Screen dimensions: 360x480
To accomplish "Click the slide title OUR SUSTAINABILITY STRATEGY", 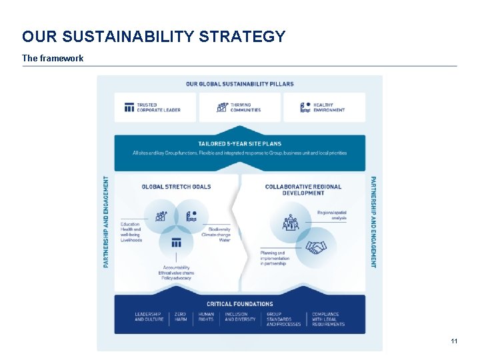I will point(153,37).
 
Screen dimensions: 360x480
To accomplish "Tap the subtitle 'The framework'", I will point(53,59).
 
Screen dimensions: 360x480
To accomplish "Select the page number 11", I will point(454,341).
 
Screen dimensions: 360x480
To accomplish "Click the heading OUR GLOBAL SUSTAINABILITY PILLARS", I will point(239,84).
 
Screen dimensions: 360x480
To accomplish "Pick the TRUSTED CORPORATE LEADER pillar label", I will point(158,107).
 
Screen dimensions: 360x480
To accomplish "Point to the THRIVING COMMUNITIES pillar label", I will point(245,107).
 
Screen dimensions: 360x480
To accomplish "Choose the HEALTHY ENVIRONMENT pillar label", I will point(329,107).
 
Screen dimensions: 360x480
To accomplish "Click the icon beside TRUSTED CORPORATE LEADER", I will point(129,107).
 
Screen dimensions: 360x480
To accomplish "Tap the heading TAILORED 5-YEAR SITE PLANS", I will point(239,144).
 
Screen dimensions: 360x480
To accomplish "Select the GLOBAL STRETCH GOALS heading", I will point(176,187).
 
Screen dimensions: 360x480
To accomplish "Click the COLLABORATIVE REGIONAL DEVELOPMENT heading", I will point(303,190).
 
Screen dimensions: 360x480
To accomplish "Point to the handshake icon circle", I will point(316,247).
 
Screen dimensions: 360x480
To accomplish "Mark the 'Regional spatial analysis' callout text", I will point(332,215).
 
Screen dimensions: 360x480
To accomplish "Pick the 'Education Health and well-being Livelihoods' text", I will point(131,232).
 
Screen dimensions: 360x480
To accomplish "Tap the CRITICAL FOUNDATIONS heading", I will point(239,304).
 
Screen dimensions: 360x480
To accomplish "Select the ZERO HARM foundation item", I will point(181,317).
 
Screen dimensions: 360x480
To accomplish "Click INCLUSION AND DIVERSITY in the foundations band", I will point(240,317).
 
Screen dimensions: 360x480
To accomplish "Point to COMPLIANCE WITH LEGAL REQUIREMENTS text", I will point(328,319).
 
